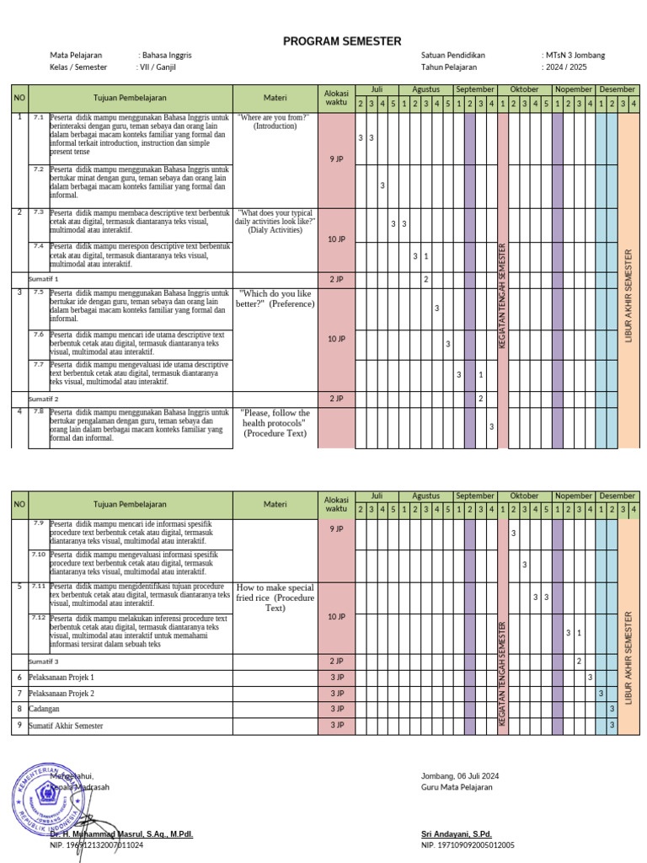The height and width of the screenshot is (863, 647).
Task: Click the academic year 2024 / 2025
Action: [x=566, y=67]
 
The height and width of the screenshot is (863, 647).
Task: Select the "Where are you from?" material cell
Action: [x=275, y=121]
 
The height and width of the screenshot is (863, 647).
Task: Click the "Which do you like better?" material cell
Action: [x=275, y=298]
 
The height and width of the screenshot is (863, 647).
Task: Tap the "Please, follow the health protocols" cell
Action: [x=275, y=423]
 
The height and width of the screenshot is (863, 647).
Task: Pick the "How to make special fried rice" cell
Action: [x=275, y=597]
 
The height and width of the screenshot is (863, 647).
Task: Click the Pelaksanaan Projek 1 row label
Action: [x=61, y=677]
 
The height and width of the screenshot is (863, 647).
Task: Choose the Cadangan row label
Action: [x=45, y=709]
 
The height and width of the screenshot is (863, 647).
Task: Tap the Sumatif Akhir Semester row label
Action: [x=66, y=725]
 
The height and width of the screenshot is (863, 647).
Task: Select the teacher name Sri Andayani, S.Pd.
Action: [x=456, y=834]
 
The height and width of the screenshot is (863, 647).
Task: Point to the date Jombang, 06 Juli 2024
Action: [x=460, y=776]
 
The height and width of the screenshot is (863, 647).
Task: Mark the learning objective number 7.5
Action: [x=39, y=292]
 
